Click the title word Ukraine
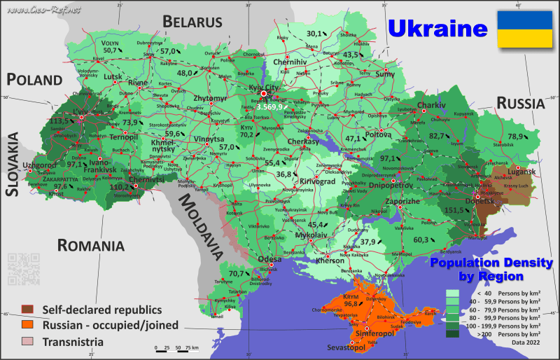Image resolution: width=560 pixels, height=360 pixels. tap(437, 29)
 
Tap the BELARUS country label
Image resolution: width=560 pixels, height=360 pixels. tap(192, 22)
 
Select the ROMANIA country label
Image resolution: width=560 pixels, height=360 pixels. tap(91, 246)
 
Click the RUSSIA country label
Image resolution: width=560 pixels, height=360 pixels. tap(520, 104)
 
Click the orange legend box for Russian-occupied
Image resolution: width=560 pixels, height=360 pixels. tap(27, 325)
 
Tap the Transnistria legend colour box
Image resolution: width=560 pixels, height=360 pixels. tap(27, 341)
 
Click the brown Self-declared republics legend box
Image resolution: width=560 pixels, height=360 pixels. tap(27, 309)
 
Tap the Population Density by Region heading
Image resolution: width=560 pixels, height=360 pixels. tap(491, 269)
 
